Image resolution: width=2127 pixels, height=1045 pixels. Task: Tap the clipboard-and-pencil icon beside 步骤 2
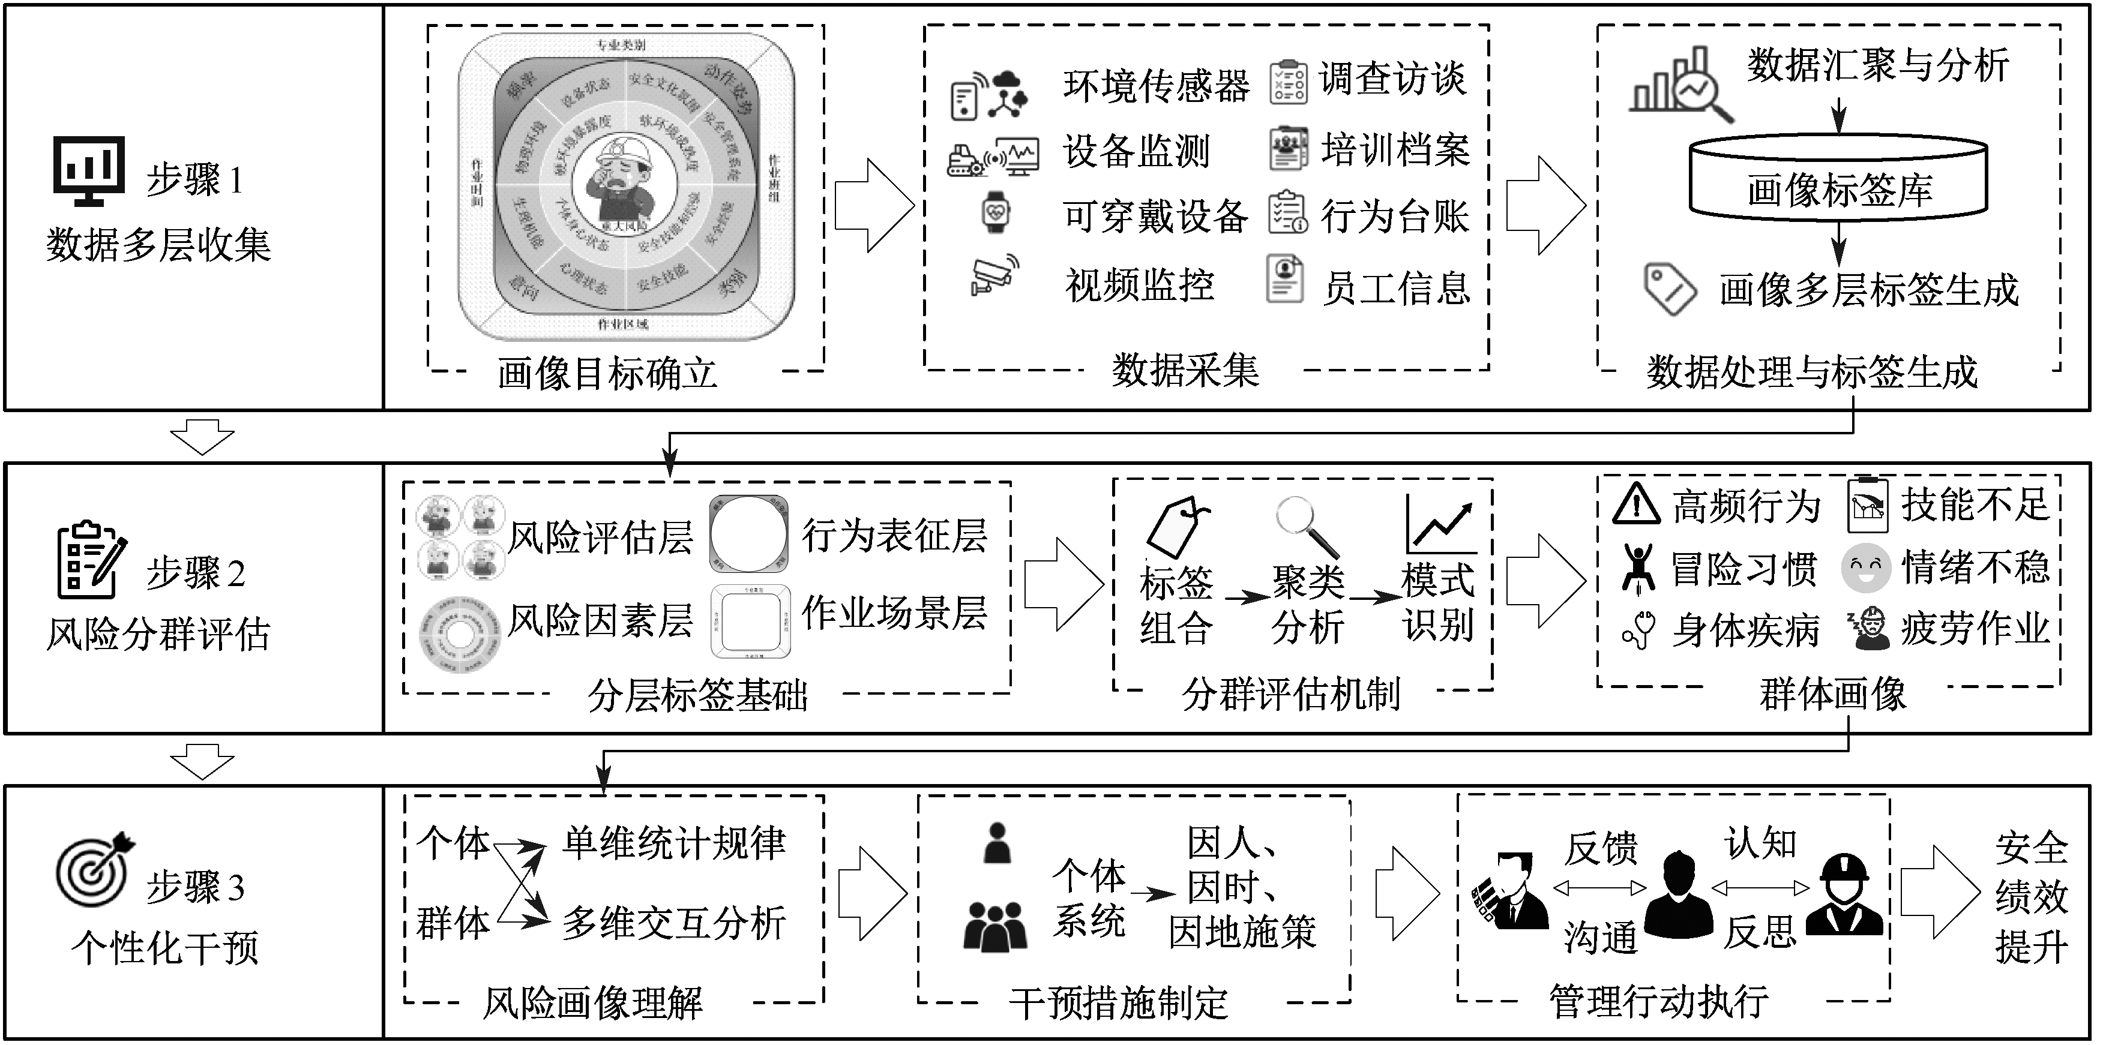(x=91, y=560)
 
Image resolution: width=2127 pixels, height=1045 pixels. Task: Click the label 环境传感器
(x=1156, y=85)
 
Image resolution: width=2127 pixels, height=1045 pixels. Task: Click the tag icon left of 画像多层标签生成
(x=1670, y=289)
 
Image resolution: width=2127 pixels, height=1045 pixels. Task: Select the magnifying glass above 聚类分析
(x=1305, y=527)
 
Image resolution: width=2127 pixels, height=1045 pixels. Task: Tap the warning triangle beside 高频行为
(x=1635, y=505)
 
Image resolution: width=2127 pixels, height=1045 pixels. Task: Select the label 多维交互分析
(x=674, y=922)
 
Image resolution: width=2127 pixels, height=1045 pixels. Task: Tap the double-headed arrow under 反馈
(x=1599, y=889)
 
